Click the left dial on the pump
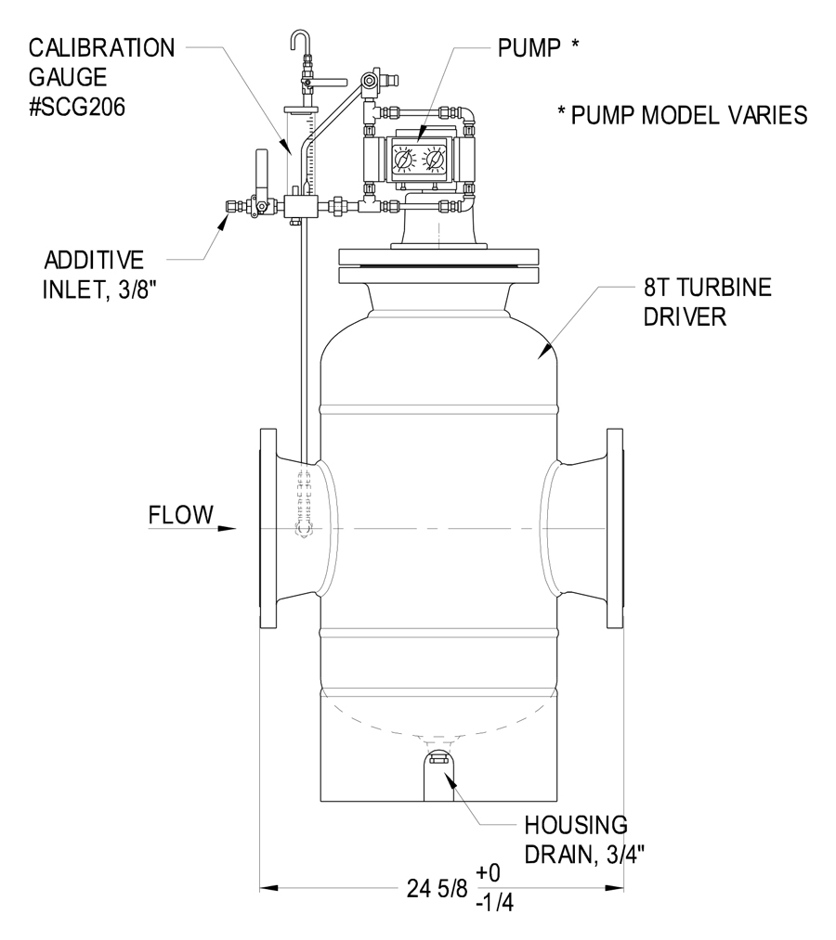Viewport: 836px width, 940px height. (404, 161)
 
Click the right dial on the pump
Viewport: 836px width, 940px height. (434, 161)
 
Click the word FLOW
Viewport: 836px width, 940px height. (180, 514)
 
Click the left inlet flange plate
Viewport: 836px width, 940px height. (268, 528)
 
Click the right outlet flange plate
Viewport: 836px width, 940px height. (615, 528)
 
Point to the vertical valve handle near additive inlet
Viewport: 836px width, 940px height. (260, 176)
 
